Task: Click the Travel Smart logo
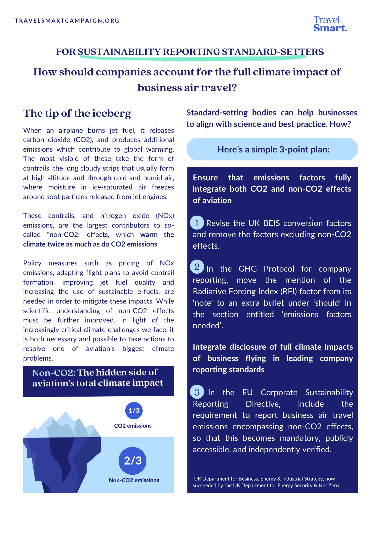coord(330,24)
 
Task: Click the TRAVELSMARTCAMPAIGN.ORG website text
coord(67,21)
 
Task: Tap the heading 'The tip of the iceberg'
coord(77,113)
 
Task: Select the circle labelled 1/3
coord(134,410)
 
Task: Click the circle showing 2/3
coord(133,461)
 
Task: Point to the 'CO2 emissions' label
coord(133,426)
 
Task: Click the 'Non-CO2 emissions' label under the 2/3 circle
coord(134,480)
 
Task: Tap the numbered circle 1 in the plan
coord(197,223)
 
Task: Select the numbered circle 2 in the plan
coord(197,267)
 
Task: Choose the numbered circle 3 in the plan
coord(197,392)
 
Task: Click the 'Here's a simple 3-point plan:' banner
coord(272,149)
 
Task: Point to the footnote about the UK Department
coord(266,482)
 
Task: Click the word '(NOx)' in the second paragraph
coord(165,216)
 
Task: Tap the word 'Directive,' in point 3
coord(263,404)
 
